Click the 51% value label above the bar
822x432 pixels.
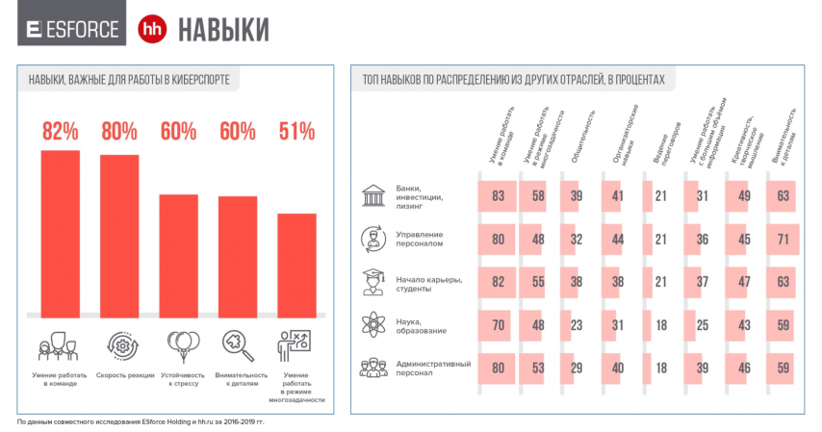(x=296, y=131)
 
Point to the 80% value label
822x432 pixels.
(x=119, y=131)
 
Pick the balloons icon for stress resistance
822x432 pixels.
(x=179, y=344)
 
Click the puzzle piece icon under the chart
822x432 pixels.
(x=238, y=344)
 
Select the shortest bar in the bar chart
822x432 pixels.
(x=296, y=265)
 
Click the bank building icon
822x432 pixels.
(x=371, y=196)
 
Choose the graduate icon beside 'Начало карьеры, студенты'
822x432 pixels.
(x=371, y=280)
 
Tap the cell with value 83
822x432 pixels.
(x=498, y=196)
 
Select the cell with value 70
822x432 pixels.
(x=498, y=324)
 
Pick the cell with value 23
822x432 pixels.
(x=575, y=324)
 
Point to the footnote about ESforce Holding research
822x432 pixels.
(x=141, y=421)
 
